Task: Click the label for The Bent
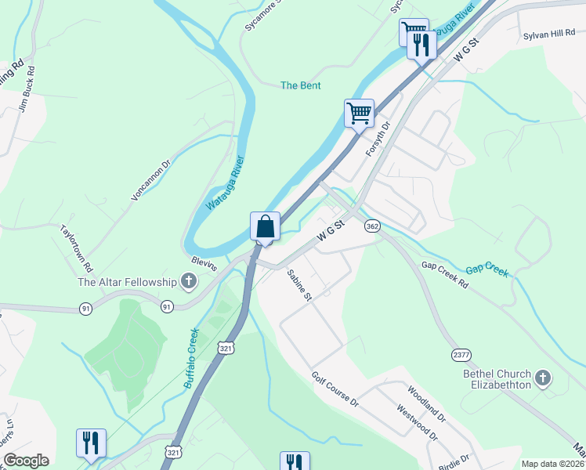pyautogui.click(x=301, y=85)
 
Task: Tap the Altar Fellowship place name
pyautogui.click(x=127, y=282)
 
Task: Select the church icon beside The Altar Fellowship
pyautogui.click(x=188, y=280)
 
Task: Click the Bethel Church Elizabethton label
pyautogui.click(x=497, y=379)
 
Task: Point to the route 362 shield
pyautogui.click(x=372, y=226)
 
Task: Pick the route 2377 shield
pyautogui.click(x=461, y=355)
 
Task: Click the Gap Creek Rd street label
pyautogui.click(x=444, y=275)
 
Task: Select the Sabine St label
pyautogui.click(x=299, y=286)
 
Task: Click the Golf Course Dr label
pyautogui.click(x=335, y=390)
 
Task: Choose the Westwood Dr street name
pyautogui.click(x=415, y=421)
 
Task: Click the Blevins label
pyautogui.click(x=204, y=266)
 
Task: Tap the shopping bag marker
pyautogui.click(x=266, y=226)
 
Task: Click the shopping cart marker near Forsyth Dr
pyautogui.click(x=359, y=113)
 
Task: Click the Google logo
pyautogui.click(x=26, y=461)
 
